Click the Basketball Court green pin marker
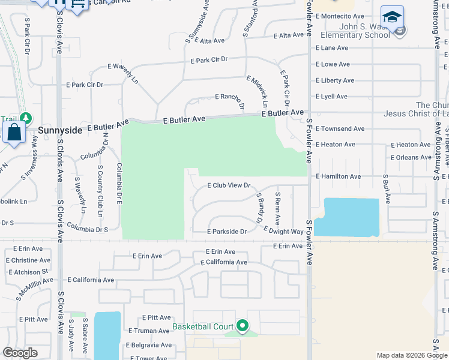243,326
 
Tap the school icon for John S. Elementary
392,18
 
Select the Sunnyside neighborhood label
60,129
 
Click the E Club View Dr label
228,185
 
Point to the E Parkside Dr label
227,232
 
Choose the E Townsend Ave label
340,128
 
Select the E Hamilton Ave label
339,176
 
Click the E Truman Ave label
149,331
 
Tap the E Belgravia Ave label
149,345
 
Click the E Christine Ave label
28,260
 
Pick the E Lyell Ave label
331,96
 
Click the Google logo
20,353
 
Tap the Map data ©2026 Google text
411,355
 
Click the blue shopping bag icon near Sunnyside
14,132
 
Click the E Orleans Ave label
411,157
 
